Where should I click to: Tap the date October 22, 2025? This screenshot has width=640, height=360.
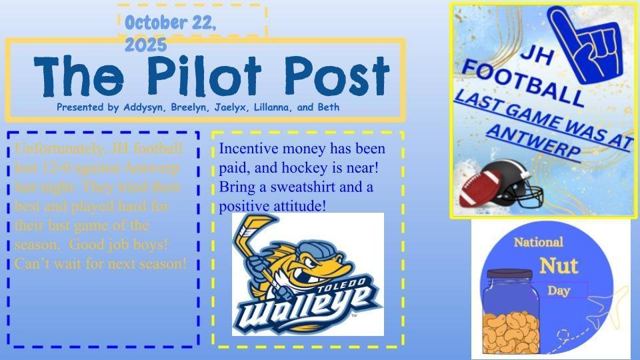(x=169, y=31)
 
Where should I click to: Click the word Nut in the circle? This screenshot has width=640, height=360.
(x=558, y=265)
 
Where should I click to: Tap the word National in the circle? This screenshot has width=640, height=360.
(x=538, y=242)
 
